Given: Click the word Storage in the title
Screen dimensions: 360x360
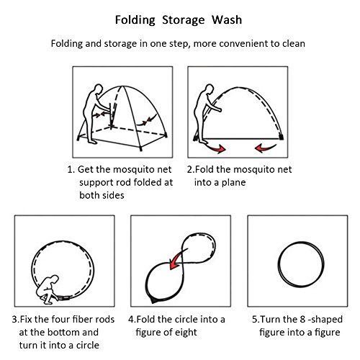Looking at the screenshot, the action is click(x=184, y=20).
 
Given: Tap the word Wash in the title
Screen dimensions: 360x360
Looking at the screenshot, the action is click(x=227, y=19).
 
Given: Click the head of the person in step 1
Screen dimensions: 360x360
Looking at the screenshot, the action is click(x=98, y=89).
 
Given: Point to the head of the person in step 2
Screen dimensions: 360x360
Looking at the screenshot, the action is click(x=210, y=89).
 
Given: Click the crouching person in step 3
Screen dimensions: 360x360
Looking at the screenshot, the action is click(x=48, y=289).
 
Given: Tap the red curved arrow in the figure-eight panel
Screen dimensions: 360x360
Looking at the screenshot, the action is click(x=178, y=259).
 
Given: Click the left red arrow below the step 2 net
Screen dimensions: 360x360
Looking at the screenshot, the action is click(x=217, y=148).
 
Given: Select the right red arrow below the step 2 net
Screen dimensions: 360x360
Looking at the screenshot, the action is click(x=265, y=148).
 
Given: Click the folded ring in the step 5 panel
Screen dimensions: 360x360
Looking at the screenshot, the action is click(x=279, y=264).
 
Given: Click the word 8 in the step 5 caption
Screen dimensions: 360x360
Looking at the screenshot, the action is click(x=302, y=320).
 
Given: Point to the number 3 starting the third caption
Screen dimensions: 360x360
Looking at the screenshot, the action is click(x=15, y=320).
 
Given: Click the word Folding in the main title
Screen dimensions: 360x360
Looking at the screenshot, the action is click(x=135, y=20).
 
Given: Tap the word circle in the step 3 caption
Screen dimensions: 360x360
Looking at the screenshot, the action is click(x=88, y=346).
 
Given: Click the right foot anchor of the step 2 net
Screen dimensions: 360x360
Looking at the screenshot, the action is click(x=281, y=137).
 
